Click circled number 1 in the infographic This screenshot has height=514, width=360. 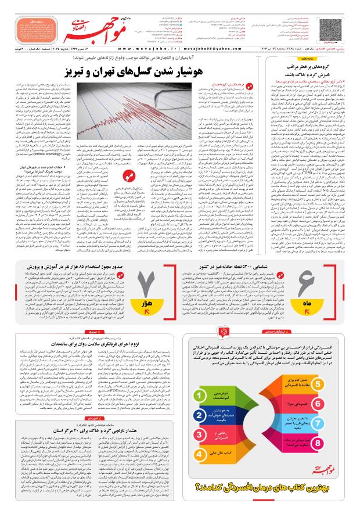[199, 396]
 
